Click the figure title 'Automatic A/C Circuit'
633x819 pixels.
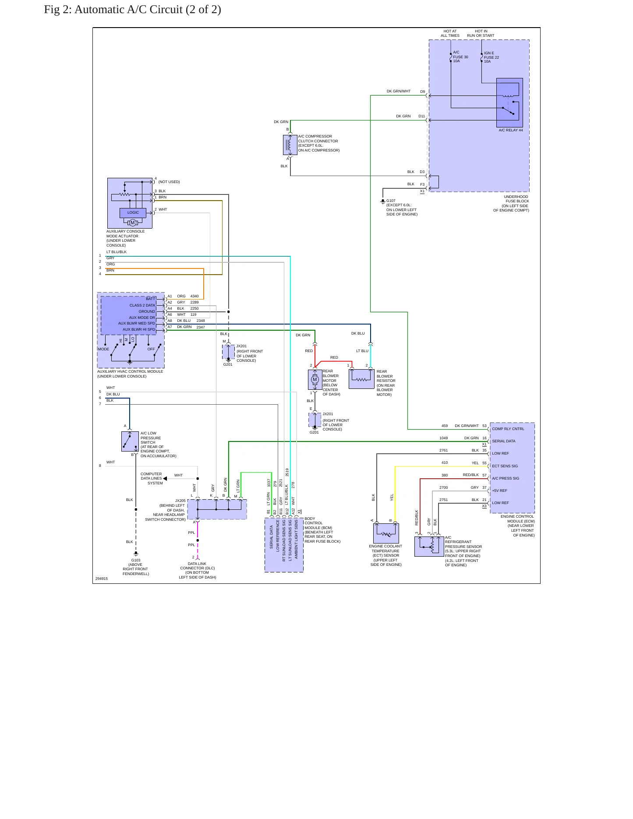[x=128, y=10]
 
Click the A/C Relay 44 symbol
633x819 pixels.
[x=509, y=103]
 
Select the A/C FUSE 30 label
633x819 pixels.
[x=460, y=57]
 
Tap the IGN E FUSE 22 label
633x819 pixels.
[x=492, y=57]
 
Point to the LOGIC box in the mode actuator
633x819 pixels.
[x=133, y=213]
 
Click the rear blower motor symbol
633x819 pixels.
[x=315, y=380]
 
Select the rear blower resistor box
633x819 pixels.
[x=361, y=379]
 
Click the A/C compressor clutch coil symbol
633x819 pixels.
[x=290, y=145]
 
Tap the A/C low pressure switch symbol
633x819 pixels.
[x=130, y=441]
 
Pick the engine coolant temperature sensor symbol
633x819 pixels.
[x=386, y=533]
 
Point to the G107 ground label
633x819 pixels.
[x=391, y=201]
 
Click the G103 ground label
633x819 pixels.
[x=136, y=560]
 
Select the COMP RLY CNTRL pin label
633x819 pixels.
[x=508, y=429]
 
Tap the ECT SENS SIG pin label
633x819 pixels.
[x=505, y=466]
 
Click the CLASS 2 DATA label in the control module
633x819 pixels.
[x=142, y=305]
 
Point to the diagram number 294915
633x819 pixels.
[x=102, y=579]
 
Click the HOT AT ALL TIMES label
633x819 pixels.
[x=450, y=33]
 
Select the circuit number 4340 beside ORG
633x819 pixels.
[x=194, y=296]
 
